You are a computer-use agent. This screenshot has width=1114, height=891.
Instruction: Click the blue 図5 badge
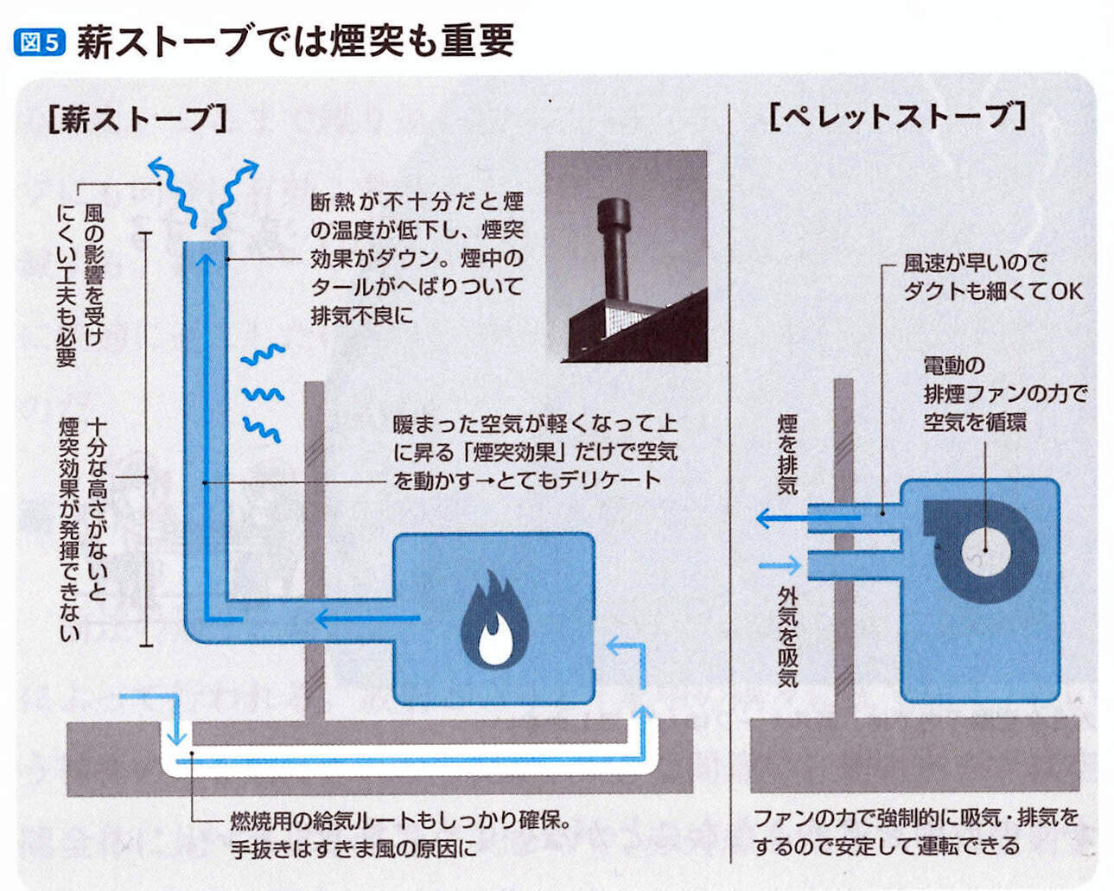(x=40, y=41)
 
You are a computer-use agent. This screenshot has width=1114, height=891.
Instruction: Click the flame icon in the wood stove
(x=494, y=620)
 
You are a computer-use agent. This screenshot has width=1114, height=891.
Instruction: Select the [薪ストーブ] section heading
(x=137, y=119)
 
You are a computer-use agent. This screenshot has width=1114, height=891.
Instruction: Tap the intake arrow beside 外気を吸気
(x=780, y=567)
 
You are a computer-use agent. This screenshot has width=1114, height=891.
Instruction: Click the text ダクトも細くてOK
(x=992, y=291)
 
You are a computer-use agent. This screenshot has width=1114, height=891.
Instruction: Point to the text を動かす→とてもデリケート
(x=526, y=480)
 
